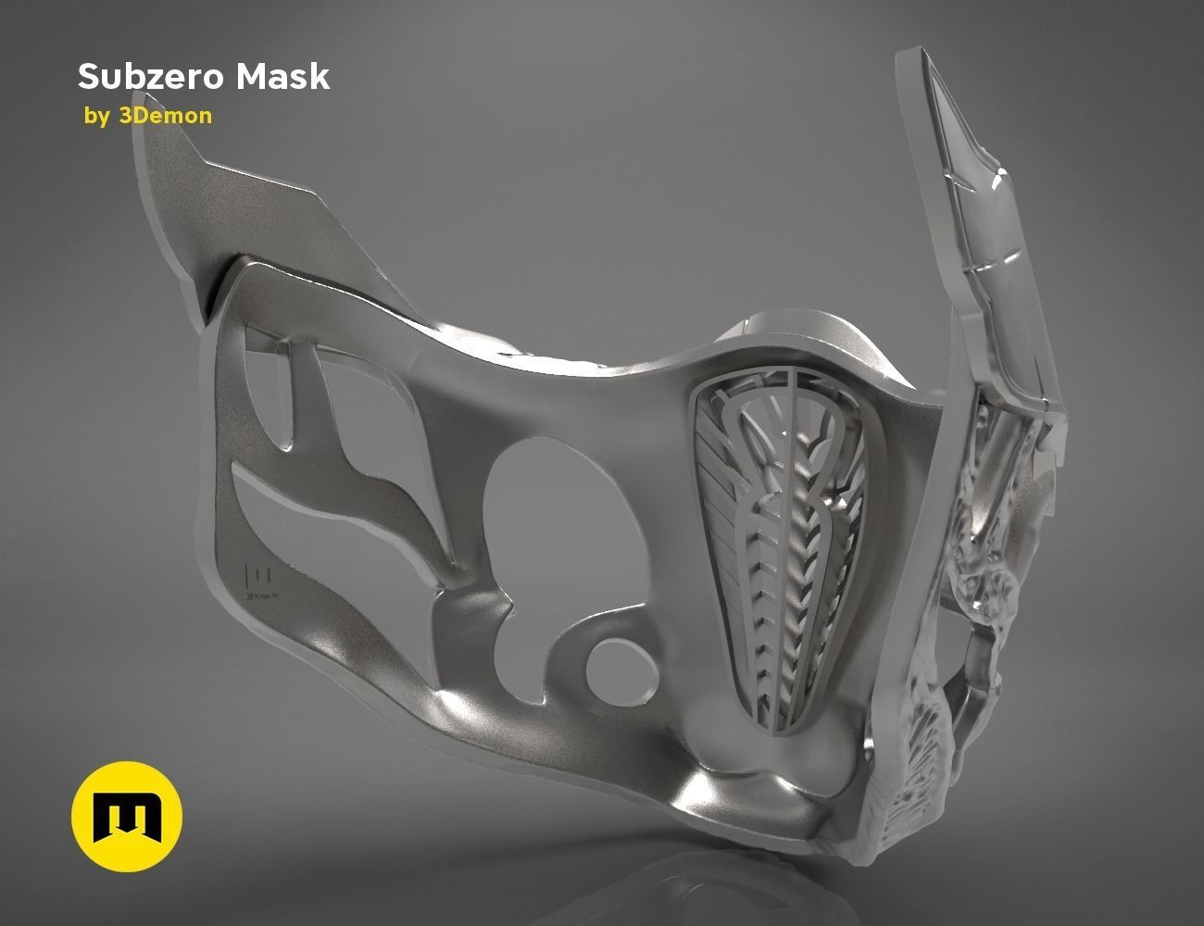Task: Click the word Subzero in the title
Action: tap(152, 77)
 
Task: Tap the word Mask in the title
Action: tap(282, 77)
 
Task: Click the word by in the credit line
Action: tap(95, 117)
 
